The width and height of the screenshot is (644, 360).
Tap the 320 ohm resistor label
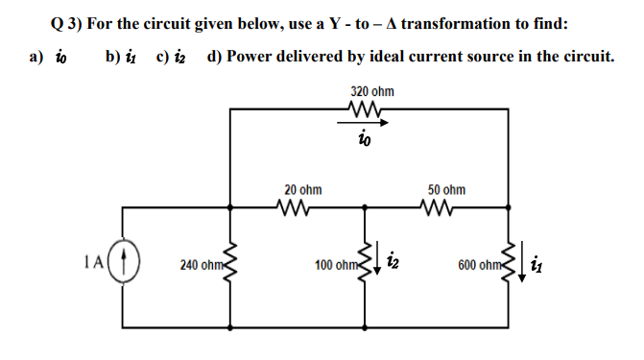click(371, 92)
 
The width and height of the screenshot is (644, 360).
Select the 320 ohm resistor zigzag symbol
click(369, 109)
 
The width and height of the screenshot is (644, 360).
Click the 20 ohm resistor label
click(302, 190)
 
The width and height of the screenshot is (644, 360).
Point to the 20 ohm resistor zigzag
click(291, 205)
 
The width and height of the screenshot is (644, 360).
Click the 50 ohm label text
click(446, 190)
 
